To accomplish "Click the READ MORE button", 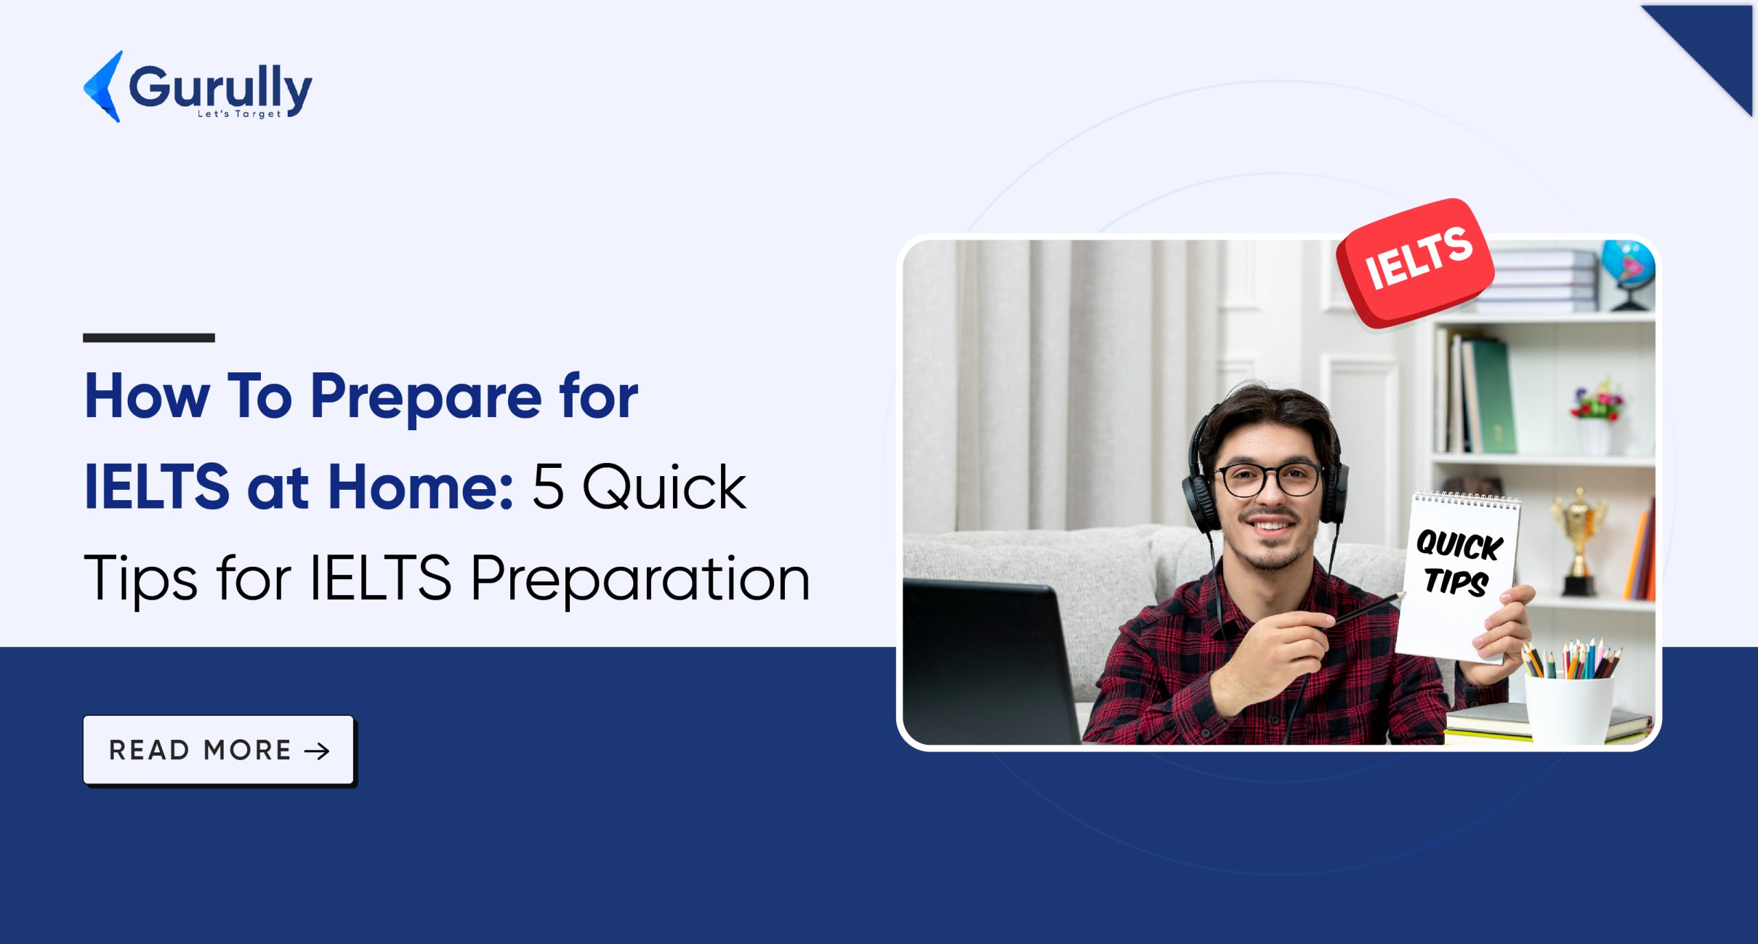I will pyautogui.click(x=218, y=750).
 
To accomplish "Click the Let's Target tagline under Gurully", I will pyautogui.click(x=239, y=114).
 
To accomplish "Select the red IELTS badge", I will pyautogui.click(x=1416, y=263).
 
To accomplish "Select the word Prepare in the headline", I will pyautogui.click(x=426, y=397).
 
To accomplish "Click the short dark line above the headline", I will pyautogui.click(x=148, y=337).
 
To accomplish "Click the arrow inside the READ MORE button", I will pyautogui.click(x=317, y=751).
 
